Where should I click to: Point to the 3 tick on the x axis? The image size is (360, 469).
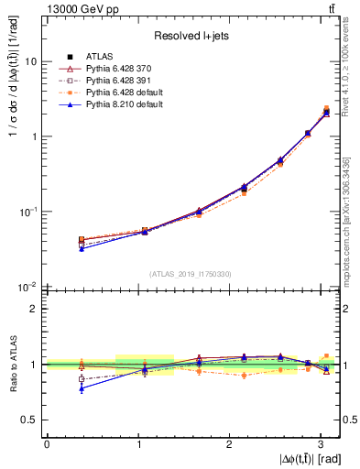[x=320, y=443]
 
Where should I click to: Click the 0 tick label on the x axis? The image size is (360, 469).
[x=47, y=443]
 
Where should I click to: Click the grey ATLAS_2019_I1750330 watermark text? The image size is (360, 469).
[x=192, y=273]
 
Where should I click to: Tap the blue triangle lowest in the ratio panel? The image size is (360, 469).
[x=82, y=388]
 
